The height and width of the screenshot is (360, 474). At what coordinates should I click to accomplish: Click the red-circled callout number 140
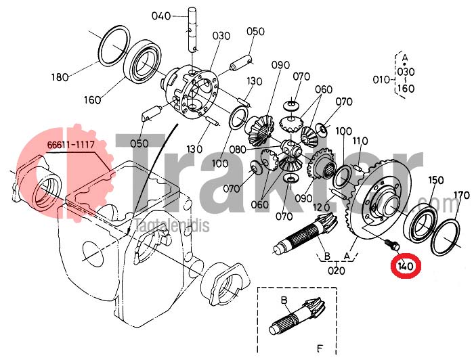point(406,267)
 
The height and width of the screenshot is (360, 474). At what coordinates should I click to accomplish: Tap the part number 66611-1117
point(71,145)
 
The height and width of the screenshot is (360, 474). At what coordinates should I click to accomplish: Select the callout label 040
point(161,16)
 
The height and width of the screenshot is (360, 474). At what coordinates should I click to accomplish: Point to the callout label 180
point(60,77)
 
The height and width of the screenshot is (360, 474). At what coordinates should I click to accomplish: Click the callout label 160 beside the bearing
point(92,99)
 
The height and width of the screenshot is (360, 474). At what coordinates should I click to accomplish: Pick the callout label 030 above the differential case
point(221,36)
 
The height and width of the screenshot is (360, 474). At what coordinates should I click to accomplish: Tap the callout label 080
point(238,149)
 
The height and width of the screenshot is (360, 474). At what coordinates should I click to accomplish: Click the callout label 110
point(360,141)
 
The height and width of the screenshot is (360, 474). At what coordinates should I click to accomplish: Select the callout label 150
point(436,180)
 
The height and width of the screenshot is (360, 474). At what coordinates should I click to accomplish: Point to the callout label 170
point(462,195)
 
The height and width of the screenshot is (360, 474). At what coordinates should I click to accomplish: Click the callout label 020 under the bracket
point(336,271)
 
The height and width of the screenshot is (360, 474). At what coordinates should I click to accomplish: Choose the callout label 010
point(381,80)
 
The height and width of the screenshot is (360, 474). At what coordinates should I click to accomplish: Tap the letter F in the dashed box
point(320,348)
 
